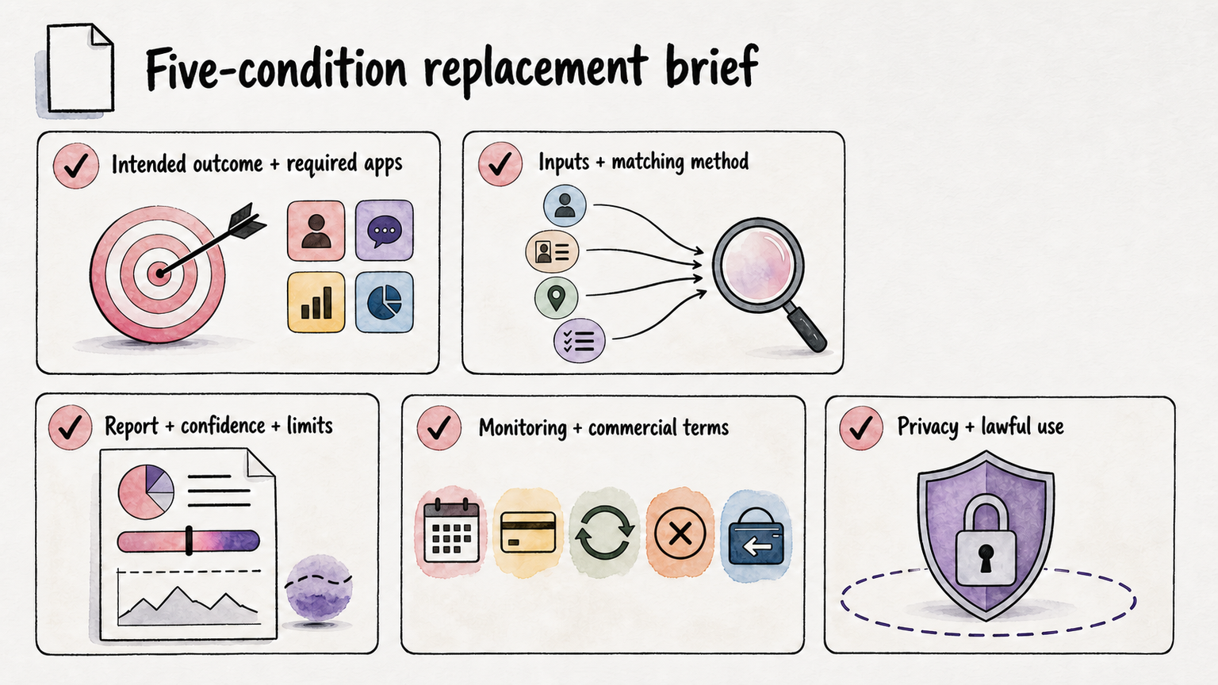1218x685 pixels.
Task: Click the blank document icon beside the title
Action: [80, 68]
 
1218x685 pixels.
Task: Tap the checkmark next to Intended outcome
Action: [76, 166]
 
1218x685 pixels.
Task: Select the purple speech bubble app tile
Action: [385, 231]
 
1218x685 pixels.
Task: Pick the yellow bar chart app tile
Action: [316, 302]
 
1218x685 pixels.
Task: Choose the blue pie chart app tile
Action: [385, 302]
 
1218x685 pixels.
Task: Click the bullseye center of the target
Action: [159, 273]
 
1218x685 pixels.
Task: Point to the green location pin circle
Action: [556, 298]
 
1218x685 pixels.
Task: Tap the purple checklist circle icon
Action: [580, 341]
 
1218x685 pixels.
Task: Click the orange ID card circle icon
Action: [552, 251]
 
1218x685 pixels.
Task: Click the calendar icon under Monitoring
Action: [451, 530]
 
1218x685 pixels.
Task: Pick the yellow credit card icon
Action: [528, 532]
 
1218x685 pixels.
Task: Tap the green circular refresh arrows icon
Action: [604, 532]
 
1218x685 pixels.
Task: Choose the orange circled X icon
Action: [680, 533]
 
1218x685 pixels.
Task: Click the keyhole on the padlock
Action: [986, 558]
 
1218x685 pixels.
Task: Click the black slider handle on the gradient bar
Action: [189, 541]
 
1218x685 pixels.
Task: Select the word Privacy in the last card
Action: [928, 427]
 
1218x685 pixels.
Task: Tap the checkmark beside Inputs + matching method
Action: [500, 163]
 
